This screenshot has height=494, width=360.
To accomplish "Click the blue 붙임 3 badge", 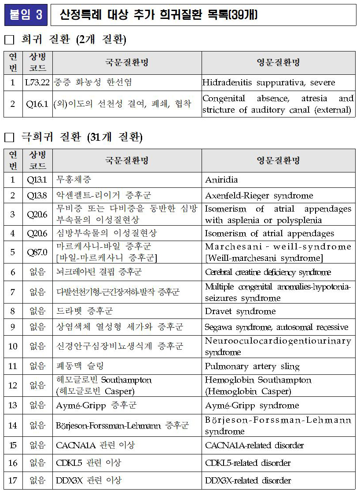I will pos(26,15).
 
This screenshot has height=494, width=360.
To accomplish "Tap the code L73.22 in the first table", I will pos(37,82).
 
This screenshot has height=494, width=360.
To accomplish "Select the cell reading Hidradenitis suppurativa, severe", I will pos(268,82).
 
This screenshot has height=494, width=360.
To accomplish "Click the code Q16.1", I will pos(37,104).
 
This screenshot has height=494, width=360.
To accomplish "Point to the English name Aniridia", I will pos(221,179).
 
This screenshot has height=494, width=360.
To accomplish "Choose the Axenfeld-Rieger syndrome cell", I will pos(259,195).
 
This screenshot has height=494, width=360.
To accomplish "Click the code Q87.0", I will pos(37,252).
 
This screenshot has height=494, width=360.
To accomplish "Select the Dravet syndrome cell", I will pos(240,311).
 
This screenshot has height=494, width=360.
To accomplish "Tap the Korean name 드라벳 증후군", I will pos(84,311).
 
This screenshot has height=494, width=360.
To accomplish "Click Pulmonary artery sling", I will pos(252,366).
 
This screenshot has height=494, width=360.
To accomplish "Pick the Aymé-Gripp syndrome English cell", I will pos(252,405).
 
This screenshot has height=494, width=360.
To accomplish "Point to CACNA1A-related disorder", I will pos(254,445).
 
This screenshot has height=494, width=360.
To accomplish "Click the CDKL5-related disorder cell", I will pos(248,463).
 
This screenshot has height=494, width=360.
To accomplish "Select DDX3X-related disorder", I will pos(248,480).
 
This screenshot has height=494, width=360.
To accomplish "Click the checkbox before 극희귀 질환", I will pos(9,138).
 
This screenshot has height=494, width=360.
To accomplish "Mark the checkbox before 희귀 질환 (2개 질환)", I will pos(9,40).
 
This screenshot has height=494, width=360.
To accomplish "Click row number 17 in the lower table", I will pos(13,480).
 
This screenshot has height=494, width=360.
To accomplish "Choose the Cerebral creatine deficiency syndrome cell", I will pos(268,272).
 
